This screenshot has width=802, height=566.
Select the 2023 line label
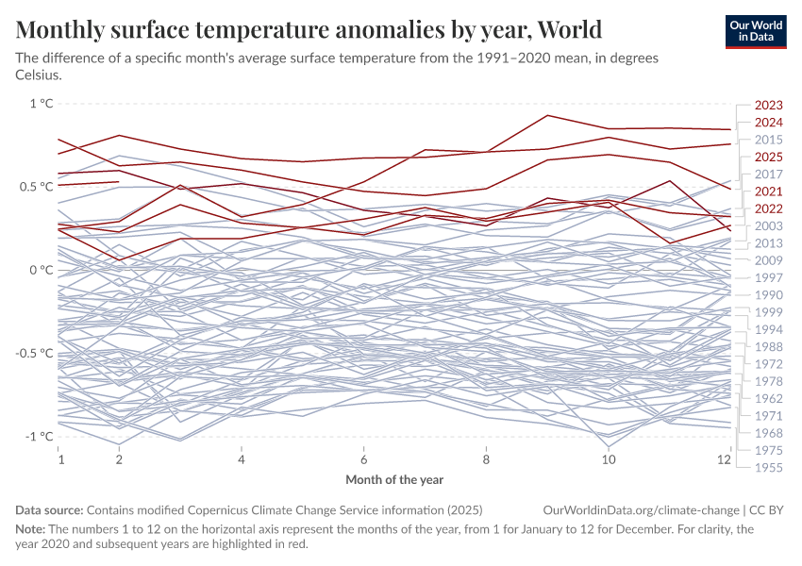768,106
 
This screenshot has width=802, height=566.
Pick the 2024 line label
768,123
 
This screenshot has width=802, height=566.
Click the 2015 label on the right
768,140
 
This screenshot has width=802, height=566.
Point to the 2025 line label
768,158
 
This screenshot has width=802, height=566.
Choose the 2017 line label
768,175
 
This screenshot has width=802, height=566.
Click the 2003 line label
768,226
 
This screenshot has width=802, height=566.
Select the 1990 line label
768,295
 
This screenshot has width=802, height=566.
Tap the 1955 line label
768,467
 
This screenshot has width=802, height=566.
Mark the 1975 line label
768,450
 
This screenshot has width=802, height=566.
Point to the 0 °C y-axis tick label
42,270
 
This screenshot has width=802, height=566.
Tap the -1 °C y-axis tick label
39,436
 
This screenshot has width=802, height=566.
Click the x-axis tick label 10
609,459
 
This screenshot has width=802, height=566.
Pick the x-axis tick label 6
364,459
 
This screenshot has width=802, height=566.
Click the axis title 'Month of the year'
394,480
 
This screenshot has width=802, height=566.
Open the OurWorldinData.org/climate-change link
641,509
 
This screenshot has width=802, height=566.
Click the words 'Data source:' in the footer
49,509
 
